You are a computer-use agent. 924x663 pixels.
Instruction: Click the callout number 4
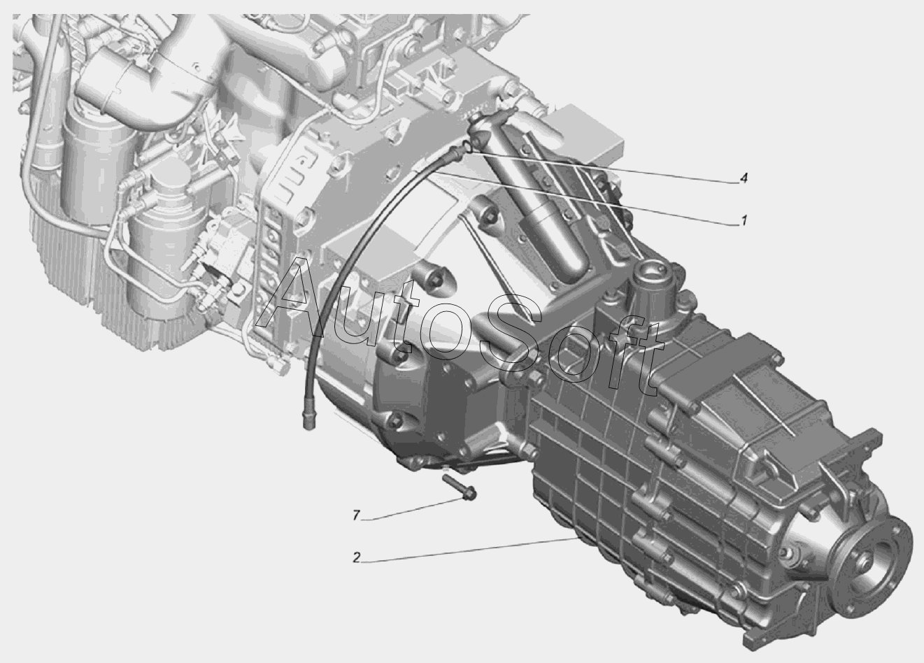pos(744,178)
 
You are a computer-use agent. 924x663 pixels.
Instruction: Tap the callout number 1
pos(744,221)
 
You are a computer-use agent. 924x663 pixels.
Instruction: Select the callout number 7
pos(356,515)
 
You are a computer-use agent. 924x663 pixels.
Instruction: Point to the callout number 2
pos(357,557)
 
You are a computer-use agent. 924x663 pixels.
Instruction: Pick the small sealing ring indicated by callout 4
pos(468,147)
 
